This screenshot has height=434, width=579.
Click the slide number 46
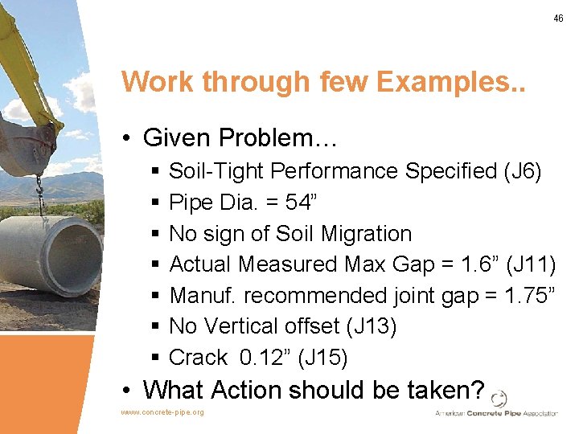tap(558, 18)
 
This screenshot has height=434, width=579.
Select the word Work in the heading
tap(158, 82)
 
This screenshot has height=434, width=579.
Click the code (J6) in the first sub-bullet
tap(522, 171)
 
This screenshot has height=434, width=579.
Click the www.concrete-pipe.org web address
tap(162, 412)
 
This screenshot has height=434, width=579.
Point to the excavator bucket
tap(31, 145)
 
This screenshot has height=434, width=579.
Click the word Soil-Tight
tap(217, 171)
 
